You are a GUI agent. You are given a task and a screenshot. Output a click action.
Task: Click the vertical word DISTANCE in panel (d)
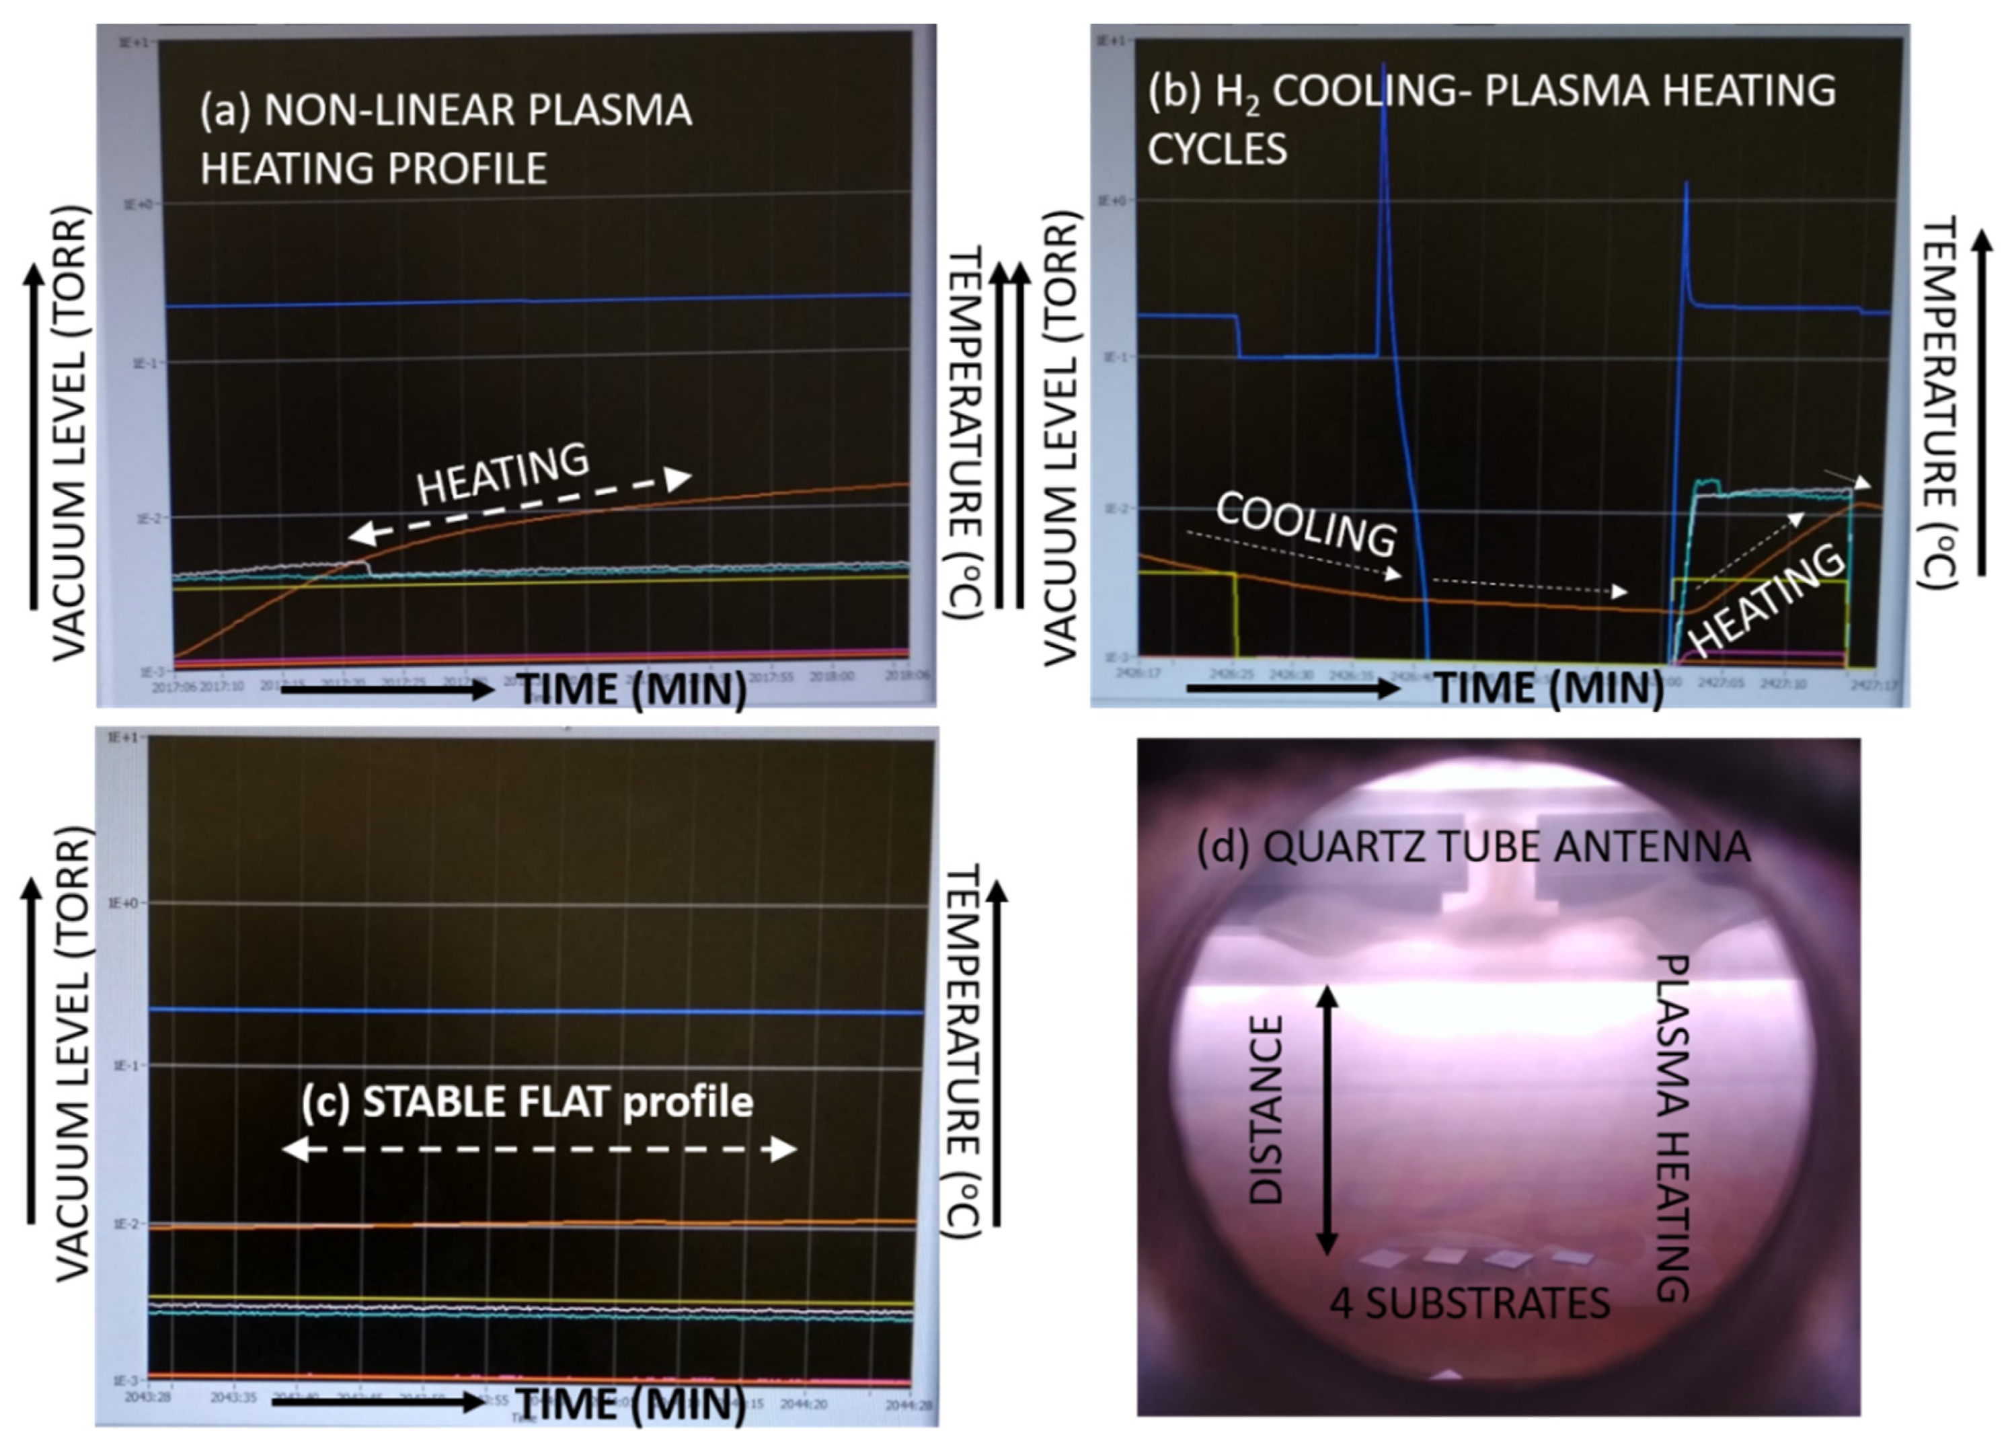[x=1266, y=1109]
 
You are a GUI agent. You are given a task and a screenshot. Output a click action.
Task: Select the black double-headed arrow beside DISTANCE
[x=1327, y=1120]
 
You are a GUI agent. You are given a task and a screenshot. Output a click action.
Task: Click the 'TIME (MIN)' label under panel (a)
[x=631, y=689]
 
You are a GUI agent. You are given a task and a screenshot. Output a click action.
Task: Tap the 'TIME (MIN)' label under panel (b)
[x=1549, y=689]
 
